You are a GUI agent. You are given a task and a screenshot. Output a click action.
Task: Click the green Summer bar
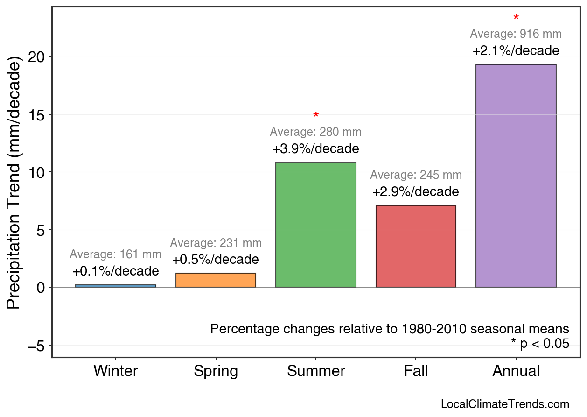(x=316, y=225)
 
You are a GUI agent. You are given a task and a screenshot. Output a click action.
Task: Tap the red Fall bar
(x=416, y=246)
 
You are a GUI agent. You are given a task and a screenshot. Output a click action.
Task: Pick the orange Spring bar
(x=216, y=280)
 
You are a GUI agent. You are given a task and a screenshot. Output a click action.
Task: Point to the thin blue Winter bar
(x=116, y=286)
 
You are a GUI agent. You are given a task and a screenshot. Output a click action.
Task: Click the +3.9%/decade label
(x=316, y=149)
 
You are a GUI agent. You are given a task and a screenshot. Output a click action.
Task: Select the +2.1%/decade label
(x=516, y=50)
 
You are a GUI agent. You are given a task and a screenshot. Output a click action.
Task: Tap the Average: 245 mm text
(x=416, y=175)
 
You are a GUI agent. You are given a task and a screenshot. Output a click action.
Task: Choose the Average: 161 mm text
(x=116, y=254)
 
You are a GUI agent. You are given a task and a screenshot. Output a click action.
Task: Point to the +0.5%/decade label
(x=216, y=260)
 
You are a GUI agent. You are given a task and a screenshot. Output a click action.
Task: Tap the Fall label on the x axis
(x=416, y=371)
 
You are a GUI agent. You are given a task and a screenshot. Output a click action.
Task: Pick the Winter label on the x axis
(x=116, y=371)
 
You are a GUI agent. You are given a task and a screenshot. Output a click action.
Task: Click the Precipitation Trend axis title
(x=15, y=183)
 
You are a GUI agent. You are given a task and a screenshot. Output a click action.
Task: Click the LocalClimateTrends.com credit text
(x=504, y=404)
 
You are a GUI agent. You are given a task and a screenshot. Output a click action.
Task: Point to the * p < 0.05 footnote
(x=540, y=344)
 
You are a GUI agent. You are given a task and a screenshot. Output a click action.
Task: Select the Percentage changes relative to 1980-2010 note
(x=390, y=329)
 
